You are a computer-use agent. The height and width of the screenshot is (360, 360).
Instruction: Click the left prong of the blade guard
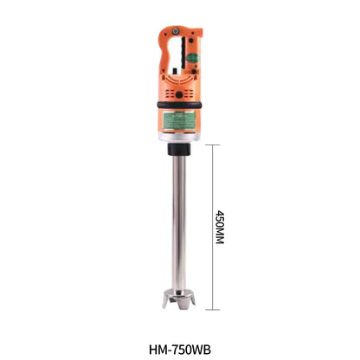click(x=164, y=303)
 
